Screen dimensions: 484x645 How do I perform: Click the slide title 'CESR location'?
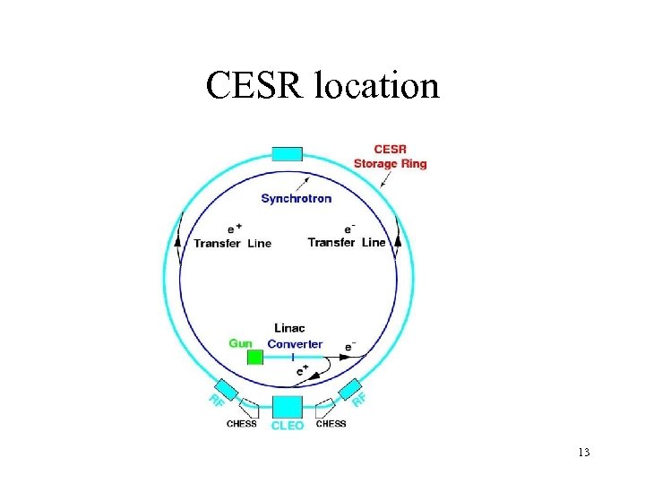pos(322,86)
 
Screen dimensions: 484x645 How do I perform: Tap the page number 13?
pos(584,452)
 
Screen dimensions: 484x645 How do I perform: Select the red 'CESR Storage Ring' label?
pos(390,156)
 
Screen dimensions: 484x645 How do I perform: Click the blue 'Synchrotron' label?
pos(296,198)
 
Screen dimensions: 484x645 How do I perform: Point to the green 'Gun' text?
pos(240,342)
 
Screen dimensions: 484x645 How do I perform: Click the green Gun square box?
pos(255,358)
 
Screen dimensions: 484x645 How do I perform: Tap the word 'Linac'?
pos(289,329)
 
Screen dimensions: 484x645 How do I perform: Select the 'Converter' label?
pos(295,344)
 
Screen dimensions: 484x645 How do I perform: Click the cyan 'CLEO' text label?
pos(288,426)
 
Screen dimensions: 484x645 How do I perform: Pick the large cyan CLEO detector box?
pos(288,405)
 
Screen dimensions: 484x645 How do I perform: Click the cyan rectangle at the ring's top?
pos(287,154)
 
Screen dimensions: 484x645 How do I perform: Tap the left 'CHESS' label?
pos(241,424)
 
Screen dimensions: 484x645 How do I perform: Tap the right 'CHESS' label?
pos(331,424)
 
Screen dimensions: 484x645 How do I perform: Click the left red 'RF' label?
pos(216,401)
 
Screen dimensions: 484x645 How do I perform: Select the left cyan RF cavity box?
pos(228,389)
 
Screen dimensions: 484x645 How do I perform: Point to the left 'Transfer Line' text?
pos(232,243)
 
